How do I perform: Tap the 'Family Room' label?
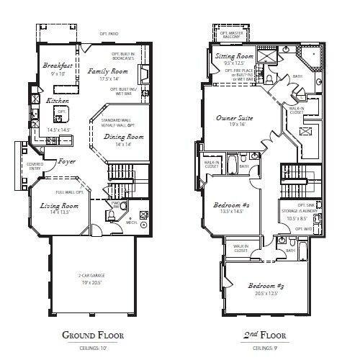(108, 72)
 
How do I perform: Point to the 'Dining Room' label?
(124, 137)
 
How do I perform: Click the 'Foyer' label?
(67, 161)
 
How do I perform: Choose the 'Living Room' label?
(59, 206)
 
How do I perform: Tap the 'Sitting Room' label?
(235, 56)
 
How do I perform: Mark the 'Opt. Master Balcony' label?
(231, 34)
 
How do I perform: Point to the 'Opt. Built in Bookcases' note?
(124, 56)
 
